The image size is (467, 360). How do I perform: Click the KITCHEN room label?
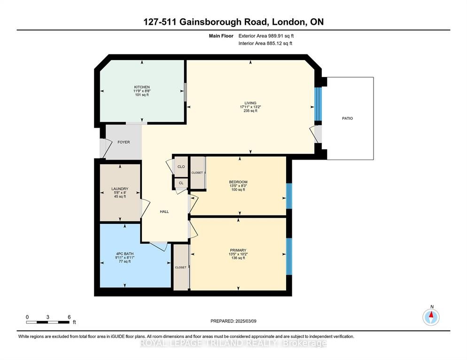point(142,87)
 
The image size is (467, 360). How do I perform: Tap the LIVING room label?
point(250,103)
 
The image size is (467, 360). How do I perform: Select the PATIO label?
point(347,118)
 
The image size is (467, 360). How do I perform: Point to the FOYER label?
point(124,142)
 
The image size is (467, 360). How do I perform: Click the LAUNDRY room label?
point(120,189)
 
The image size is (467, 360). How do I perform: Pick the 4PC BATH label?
point(125,254)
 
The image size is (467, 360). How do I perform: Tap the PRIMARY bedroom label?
point(238,250)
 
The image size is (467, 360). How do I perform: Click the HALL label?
point(164,212)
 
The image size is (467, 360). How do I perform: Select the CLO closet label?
point(181,167)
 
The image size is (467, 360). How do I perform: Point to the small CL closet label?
point(181,183)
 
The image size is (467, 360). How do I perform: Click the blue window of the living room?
point(319,104)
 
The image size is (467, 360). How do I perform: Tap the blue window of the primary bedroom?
point(289,256)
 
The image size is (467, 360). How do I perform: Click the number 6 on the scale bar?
point(69,317)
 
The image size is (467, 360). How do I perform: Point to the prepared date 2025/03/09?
point(246,321)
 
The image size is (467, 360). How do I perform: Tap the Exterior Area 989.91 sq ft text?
point(266,36)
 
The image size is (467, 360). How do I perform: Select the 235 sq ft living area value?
point(250,111)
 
